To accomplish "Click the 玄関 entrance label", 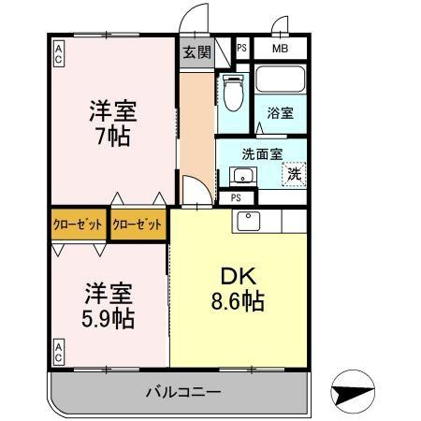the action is (196, 52).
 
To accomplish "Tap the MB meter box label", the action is (280, 49).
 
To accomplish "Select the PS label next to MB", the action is (241, 48).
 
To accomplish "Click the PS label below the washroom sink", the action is (236, 197).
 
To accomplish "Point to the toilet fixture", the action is (233, 93).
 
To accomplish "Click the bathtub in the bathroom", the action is (280, 79).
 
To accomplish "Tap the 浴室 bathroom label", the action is (280, 112).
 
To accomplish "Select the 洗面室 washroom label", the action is (262, 154).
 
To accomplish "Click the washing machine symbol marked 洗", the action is (294, 174).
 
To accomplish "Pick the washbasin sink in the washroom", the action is (243, 176).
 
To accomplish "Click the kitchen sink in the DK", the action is (248, 221).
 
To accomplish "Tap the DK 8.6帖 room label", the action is (238, 289).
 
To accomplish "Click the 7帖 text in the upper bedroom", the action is (113, 137).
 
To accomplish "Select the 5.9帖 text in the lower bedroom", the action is (108, 318).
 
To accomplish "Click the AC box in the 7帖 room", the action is (58, 54).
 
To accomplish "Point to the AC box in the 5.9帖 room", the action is (58, 352).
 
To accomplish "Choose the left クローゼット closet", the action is (78, 225).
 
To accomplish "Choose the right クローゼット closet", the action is (138, 225).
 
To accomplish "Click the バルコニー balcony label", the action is (183, 392).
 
